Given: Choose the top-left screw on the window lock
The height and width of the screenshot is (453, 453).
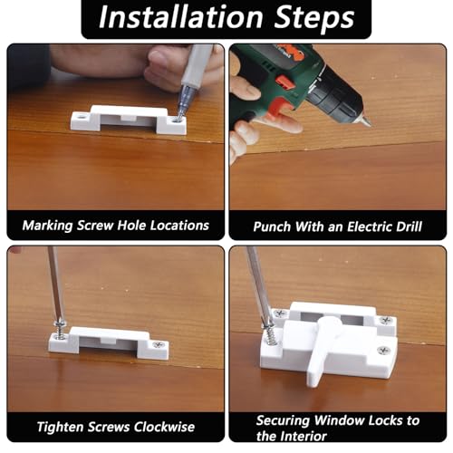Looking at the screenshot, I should [279, 313].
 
